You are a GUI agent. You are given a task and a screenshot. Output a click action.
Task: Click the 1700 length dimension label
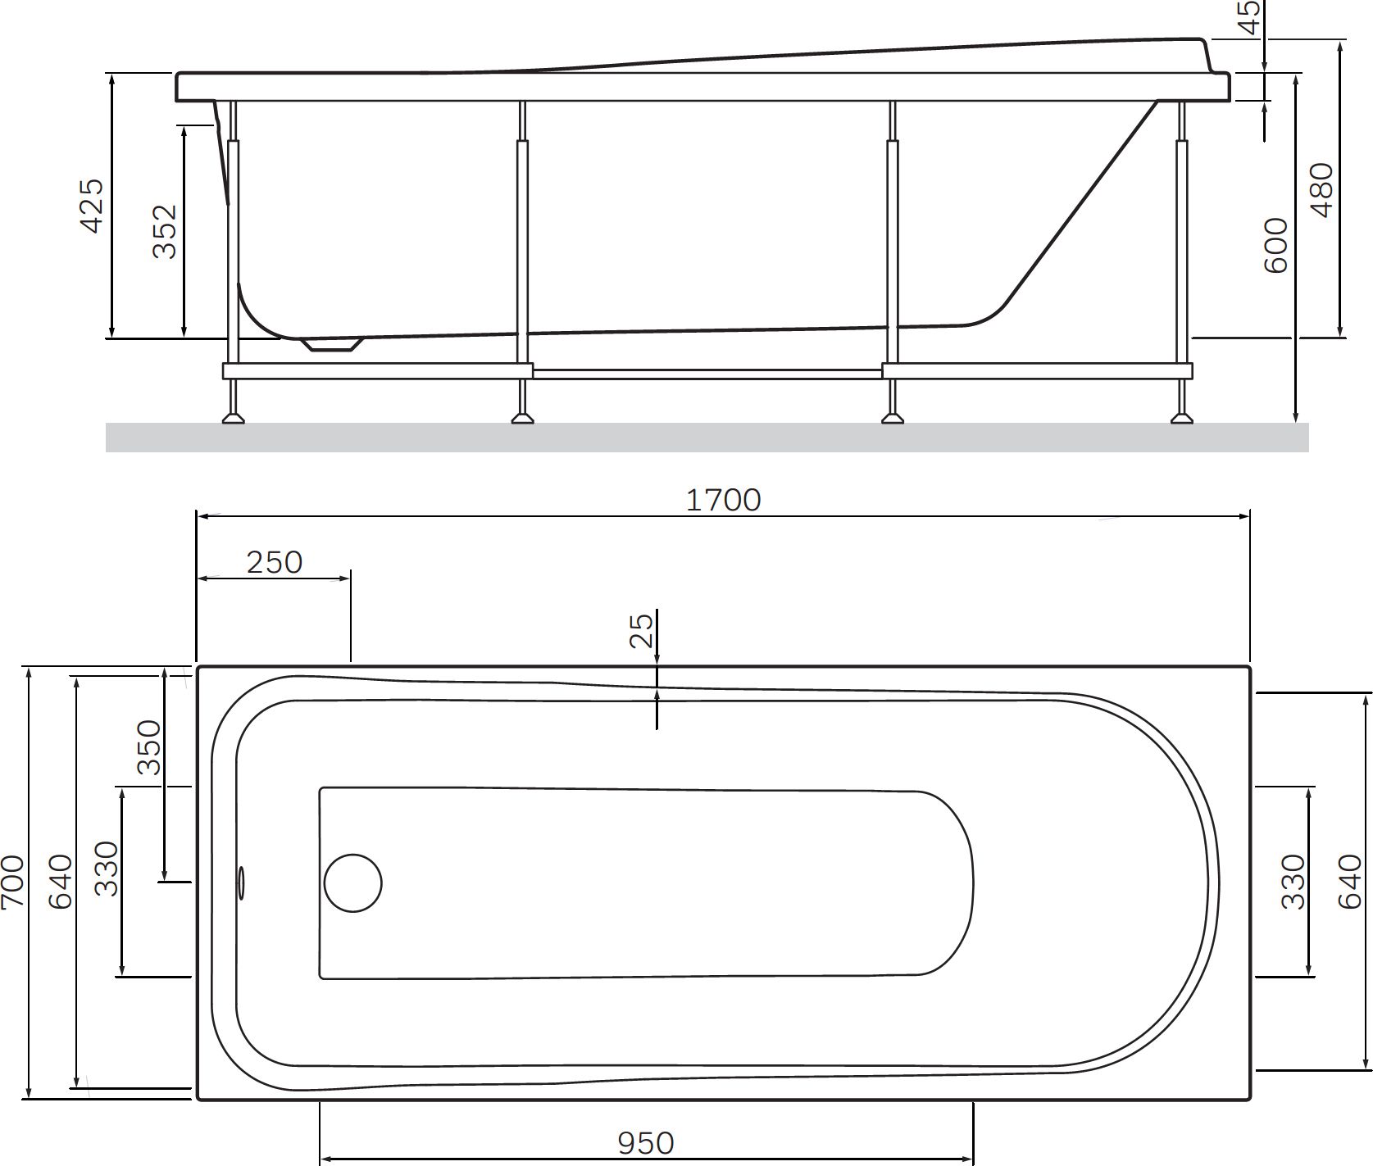click(723, 500)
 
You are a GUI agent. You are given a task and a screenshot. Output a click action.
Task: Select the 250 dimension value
click(275, 563)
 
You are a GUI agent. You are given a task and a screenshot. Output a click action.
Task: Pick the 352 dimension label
click(165, 232)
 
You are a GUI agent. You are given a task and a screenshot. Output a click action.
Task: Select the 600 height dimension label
click(1276, 246)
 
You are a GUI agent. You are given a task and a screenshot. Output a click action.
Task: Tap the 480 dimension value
click(1322, 190)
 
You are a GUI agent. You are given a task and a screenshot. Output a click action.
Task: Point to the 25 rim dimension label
click(643, 630)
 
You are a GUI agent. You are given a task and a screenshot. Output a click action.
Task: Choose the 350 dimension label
click(149, 747)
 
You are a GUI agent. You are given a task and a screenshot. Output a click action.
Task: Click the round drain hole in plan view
click(352, 883)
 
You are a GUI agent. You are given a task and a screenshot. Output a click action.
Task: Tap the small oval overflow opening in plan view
click(241, 882)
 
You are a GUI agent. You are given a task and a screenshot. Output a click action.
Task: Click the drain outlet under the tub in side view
click(331, 345)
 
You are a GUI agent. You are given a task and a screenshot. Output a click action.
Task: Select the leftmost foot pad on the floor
click(233, 419)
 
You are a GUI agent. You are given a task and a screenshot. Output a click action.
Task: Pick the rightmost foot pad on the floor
click(1181, 419)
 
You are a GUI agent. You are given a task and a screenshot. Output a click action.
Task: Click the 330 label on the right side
click(1293, 882)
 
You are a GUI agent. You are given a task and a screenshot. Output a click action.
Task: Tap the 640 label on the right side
click(1350, 882)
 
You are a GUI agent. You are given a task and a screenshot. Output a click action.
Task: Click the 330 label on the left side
click(107, 869)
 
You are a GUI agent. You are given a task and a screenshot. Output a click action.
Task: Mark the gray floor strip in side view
click(705, 438)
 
